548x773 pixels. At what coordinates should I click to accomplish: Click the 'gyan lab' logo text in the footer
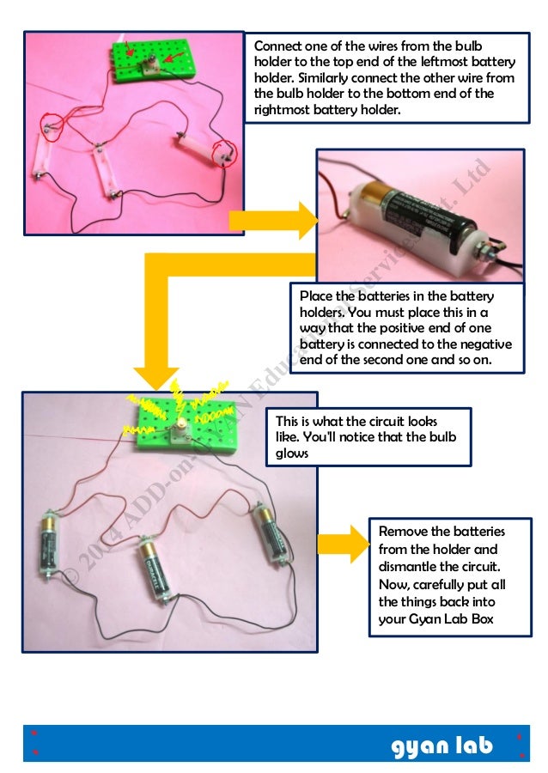(442, 746)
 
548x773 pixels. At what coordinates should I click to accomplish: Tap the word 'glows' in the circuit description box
(292, 453)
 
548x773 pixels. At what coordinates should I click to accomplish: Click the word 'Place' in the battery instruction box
(317, 296)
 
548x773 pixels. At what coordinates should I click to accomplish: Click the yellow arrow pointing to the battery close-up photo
(273, 222)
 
